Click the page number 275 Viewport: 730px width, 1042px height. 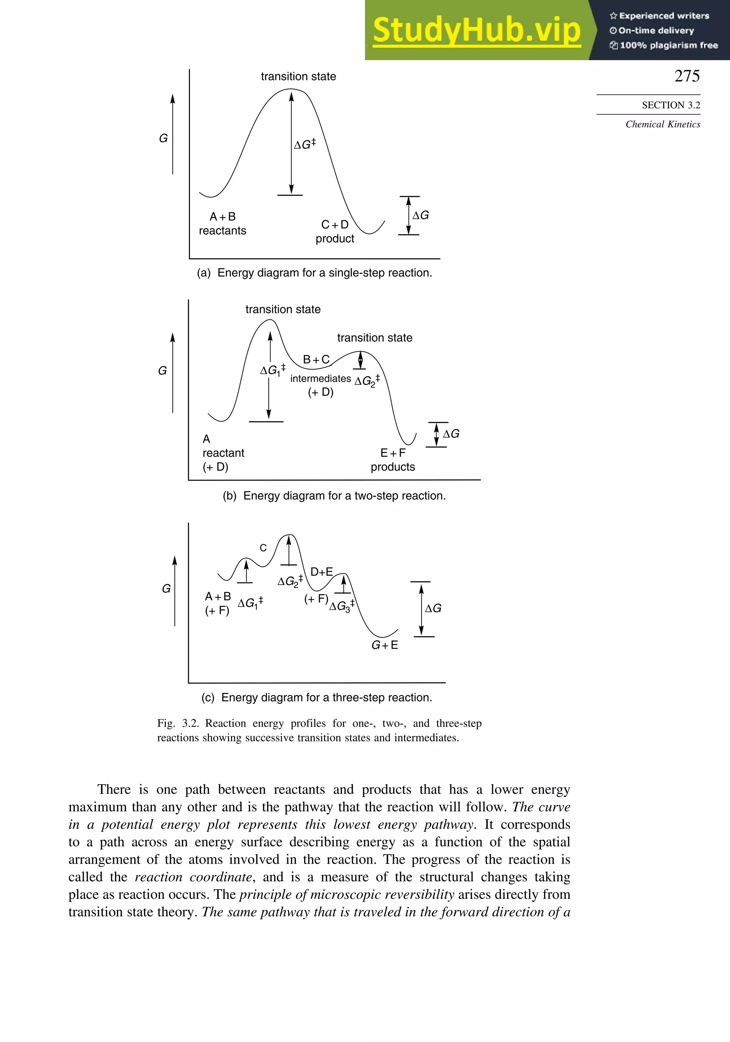[687, 76]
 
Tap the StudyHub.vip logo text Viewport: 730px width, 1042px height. [477, 30]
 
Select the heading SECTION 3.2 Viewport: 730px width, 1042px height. [670, 105]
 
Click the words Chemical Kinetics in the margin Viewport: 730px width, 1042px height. [662, 124]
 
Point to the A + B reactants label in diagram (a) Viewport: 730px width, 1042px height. [222, 224]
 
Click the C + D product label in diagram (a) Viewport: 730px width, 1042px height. [335, 231]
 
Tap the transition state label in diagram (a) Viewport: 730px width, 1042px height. [298, 76]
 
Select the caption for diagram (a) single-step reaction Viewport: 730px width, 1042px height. [314, 273]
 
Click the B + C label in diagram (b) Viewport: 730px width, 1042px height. [316, 359]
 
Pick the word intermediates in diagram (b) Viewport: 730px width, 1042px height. [320, 379]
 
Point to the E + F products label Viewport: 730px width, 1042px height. [393, 460]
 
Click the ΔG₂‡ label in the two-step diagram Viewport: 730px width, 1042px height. [366, 380]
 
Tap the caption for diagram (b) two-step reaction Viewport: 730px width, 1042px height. [334, 496]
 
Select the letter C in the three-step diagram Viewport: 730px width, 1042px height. [263, 548]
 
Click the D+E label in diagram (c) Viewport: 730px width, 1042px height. [322, 572]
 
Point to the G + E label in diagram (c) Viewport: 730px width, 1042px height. [385, 645]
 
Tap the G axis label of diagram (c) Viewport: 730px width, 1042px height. [166, 589]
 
